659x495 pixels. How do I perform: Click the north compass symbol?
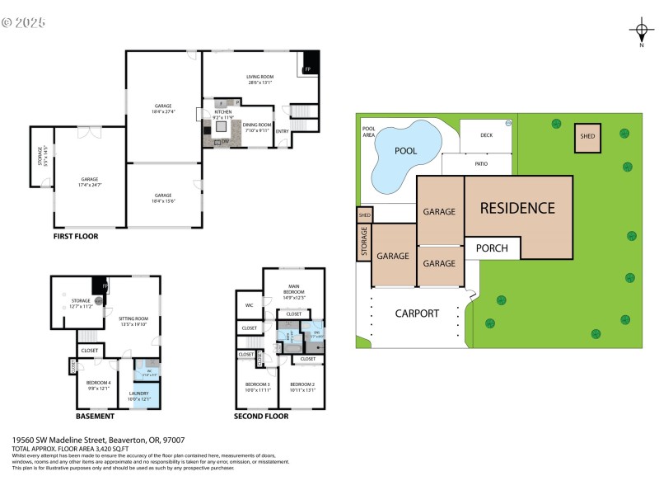641,32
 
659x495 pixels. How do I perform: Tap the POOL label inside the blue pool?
406,152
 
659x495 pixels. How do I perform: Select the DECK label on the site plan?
486,134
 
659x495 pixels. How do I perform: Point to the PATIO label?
481,164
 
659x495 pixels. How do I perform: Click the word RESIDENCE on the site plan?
517,208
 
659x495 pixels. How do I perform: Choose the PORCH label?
493,247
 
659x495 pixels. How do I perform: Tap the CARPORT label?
417,313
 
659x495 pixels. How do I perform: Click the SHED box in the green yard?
587,137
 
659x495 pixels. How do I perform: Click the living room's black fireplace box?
310,62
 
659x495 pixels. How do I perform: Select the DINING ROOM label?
257,125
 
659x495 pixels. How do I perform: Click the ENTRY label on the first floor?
283,131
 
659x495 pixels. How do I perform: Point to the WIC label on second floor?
249,305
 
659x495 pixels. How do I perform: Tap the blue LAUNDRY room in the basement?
138,396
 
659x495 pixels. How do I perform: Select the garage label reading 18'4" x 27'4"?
163,108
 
